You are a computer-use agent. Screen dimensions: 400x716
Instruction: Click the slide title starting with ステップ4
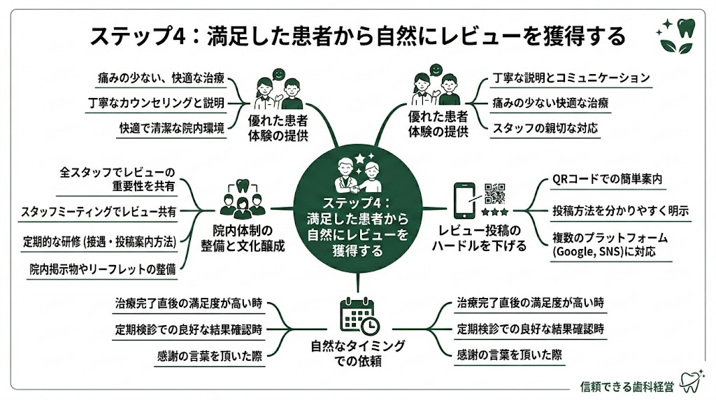[357, 36]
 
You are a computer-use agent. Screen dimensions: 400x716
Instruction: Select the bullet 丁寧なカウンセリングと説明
[157, 103]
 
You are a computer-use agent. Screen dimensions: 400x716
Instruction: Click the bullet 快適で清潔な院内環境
[171, 128]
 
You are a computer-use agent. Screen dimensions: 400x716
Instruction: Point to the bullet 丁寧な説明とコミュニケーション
[571, 78]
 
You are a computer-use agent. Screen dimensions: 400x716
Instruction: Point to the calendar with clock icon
[359, 315]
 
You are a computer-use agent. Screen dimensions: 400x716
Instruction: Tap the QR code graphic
[495, 194]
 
